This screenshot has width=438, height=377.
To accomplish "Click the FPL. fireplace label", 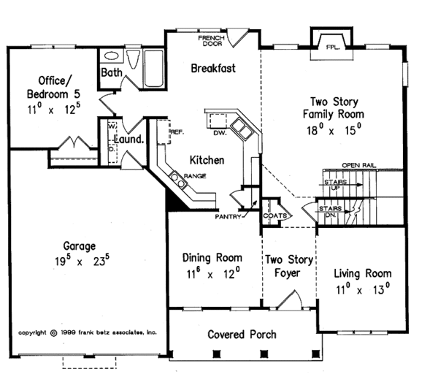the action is tap(333, 47).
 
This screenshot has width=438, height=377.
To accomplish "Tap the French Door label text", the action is tap(212, 41).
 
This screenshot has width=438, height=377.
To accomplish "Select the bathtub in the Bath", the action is tap(153, 69).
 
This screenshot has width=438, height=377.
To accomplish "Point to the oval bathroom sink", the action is tap(111, 56).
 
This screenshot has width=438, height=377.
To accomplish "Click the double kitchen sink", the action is tap(242, 129).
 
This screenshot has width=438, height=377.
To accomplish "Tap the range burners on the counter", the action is tap(178, 180).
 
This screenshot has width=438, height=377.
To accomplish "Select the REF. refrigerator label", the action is tap(177, 132).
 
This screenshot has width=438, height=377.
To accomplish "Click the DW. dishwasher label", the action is tap(220, 133).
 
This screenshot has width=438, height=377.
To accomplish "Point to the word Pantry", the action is tap(228, 217).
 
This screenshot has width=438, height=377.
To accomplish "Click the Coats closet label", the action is tap(275, 216).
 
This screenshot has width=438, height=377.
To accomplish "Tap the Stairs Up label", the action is tap(335, 185).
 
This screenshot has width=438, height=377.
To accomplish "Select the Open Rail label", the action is tap(359, 165).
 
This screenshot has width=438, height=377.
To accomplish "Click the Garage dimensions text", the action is tap(82, 262).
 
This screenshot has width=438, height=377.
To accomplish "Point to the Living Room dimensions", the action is tap(363, 289).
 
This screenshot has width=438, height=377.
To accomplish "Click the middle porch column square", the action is tap(264, 354).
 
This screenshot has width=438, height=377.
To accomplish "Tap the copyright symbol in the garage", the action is tap(53, 333).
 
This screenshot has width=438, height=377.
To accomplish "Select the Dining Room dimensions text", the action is tap(213, 273).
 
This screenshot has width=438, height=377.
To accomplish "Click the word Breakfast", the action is tap(213, 68).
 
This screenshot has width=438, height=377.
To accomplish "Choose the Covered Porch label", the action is tap(242, 335).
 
